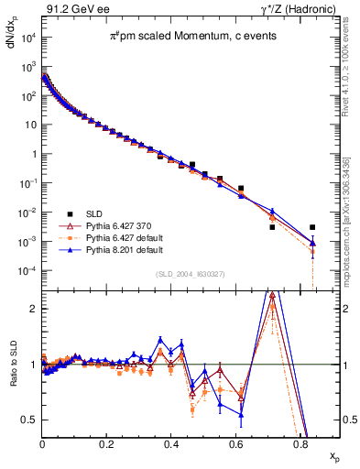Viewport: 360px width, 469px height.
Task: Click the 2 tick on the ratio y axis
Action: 33,309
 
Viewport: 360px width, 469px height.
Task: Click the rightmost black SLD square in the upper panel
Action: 312,227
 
